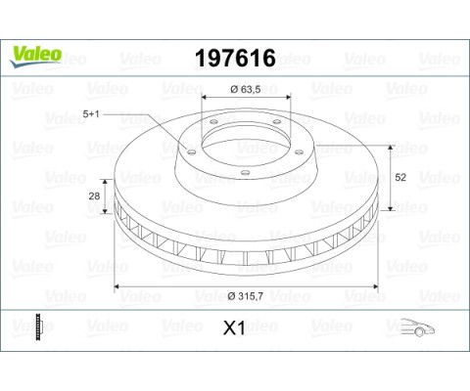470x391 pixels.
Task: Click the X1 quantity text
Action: tap(235, 330)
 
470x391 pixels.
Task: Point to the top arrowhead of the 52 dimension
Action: tap(392, 146)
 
